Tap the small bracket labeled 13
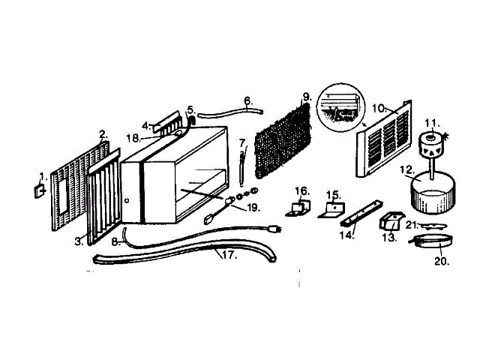point(391,221)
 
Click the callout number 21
point(412,223)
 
